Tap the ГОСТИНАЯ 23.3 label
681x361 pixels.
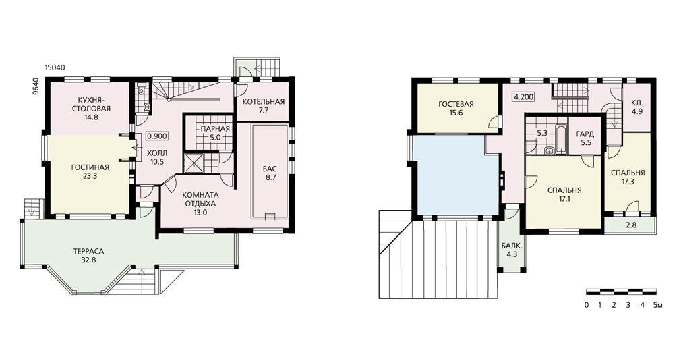pos(90,171)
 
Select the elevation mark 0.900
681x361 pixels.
pos(157,136)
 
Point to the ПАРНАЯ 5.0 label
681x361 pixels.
pos(215,132)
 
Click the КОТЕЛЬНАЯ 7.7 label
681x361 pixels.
pos(263,105)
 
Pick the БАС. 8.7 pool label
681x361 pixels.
pos(270,173)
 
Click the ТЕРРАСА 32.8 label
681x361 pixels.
pos(88,256)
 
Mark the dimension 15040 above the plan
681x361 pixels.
pos(55,67)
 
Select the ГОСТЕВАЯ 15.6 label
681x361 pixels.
pos(456,108)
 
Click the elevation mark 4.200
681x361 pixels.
pos(524,97)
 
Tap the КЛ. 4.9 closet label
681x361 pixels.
pos(637,107)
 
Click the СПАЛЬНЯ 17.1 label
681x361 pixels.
pos(564,194)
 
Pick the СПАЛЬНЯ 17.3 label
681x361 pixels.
pos(628,177)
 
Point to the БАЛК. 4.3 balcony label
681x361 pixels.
pos(512,250)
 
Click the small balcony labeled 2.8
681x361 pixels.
pos(630,225)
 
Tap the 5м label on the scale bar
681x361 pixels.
pos(657,305)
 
